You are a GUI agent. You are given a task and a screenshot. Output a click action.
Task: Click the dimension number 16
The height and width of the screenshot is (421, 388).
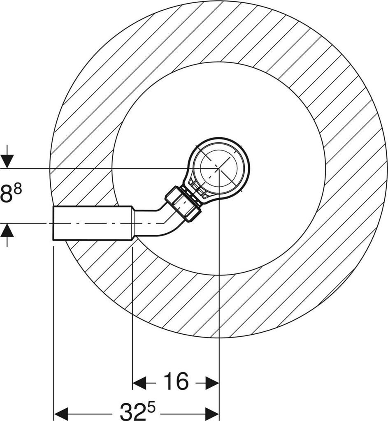[176, 381]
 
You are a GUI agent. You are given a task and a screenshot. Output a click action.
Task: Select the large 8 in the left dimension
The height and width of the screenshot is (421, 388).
[7, 192]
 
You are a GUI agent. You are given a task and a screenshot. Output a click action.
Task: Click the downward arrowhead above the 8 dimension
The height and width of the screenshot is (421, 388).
[7, 161]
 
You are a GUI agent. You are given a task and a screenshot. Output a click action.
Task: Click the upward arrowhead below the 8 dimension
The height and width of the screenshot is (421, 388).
[7, 230]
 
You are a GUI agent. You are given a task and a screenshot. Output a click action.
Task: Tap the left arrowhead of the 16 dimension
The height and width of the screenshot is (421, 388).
[139, 383]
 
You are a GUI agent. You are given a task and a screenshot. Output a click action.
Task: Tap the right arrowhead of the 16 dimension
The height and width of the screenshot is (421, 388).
[213, 383]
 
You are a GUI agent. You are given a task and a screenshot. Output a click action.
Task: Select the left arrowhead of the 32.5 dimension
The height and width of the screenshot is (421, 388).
[61, 413]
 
